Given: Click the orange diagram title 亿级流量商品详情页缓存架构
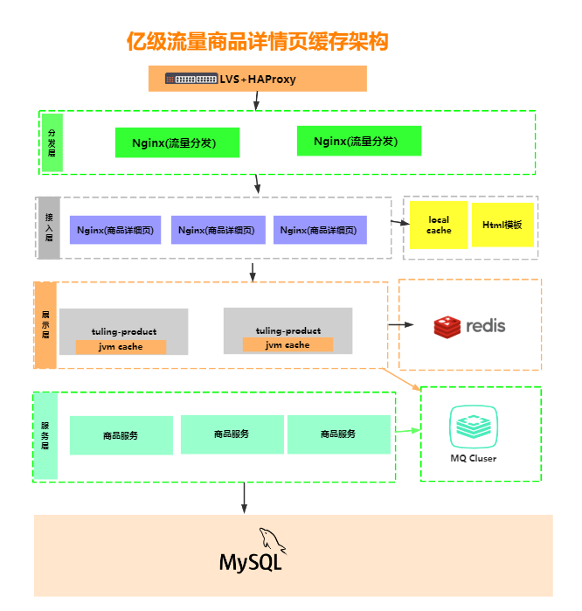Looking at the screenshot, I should pos(257,41).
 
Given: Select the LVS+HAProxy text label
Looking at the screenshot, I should pos(258,80).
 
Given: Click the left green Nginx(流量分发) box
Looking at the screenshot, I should pos(177,142).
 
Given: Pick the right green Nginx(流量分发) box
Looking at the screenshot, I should pos(359,141).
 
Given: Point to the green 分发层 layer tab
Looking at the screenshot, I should pos(52,142).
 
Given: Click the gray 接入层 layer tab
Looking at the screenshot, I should pos(49,227).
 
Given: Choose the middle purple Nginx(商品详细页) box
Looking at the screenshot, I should pos(217,230).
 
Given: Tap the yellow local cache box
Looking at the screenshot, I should pos(439,226).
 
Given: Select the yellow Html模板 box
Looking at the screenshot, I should pos(502,225).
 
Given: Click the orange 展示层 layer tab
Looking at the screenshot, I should pos(45,324).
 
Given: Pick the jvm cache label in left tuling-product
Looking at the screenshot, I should pos(121,347).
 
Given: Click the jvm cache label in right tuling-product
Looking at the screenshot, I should pos(288,344).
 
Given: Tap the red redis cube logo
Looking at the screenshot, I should pos(447,327).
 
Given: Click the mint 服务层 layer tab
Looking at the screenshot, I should pos(45,435).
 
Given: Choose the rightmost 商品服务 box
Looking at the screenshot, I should pos(339,434).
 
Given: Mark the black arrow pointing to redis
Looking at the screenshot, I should pos(402,324).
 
